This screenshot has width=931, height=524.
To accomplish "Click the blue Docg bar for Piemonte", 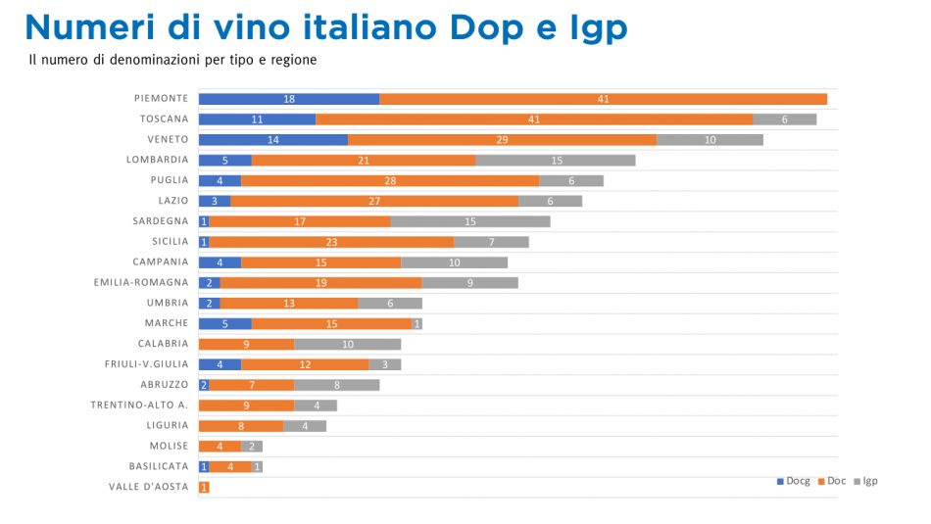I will tap(289, 99).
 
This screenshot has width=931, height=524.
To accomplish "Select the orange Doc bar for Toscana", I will tap(534, 119).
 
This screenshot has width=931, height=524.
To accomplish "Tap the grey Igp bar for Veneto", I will tap(710, 140).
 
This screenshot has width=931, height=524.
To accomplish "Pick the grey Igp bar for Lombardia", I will tap(556, 161).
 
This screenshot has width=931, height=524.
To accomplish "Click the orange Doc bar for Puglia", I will tap(390, 180).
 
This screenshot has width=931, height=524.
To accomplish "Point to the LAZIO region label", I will tap(172, 201).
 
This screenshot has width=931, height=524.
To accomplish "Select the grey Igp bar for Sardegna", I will tap(470, 221).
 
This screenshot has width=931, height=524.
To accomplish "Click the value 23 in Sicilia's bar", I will tap(331, 242).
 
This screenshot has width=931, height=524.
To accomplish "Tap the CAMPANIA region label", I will tap(161, 262).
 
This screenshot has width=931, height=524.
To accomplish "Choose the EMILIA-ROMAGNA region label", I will tap(141, 282).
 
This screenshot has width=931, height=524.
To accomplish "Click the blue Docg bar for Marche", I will tap(225, 323).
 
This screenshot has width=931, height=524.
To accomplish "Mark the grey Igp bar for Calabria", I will tap(348, 344).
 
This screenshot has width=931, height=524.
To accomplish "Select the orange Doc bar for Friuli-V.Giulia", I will tap(305, 364).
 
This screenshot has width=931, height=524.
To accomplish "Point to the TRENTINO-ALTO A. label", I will tap(139, 405).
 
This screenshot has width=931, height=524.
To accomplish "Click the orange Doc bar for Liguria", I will tap(241, 425).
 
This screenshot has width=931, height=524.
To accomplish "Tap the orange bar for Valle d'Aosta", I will tap(204, 487).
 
